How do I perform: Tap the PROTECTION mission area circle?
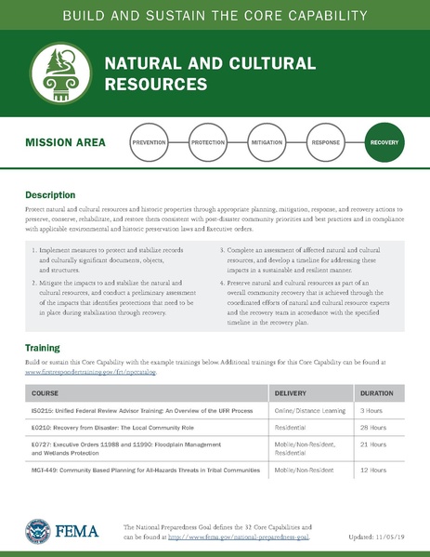tap(208, 145)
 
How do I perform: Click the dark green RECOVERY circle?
tap(384, 145)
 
